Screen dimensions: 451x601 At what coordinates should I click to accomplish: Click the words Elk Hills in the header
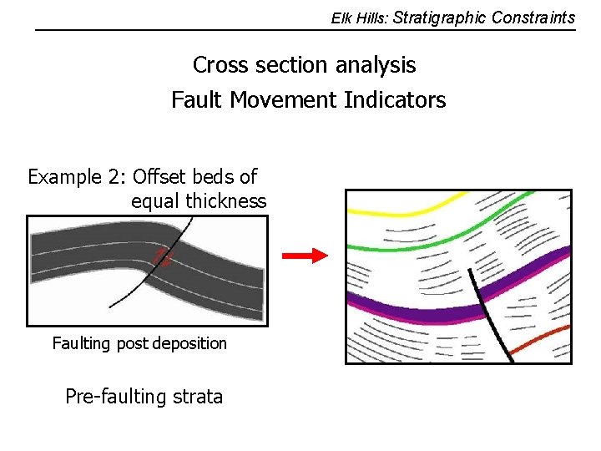point(358,18)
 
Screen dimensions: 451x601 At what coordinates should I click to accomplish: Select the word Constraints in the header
point(533,18)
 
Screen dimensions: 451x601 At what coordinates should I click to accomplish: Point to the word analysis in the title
point(376,65)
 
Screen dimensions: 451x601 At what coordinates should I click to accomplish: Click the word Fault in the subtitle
point(197,100)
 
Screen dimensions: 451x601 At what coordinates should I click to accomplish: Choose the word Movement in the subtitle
point(284,100)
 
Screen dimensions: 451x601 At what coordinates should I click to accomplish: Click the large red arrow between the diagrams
point(306,256)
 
